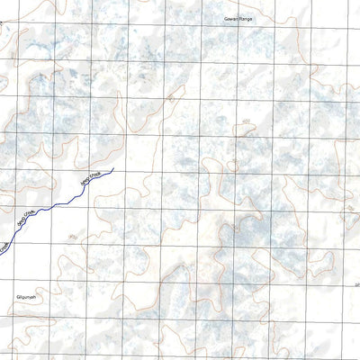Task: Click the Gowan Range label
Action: coord(238,18)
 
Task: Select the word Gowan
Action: coord(230,18)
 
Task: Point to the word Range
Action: coord(246,18)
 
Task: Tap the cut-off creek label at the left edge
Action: coord(4,245)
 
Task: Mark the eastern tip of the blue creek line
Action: coord(113,169)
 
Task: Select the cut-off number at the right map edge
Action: coord(356,286)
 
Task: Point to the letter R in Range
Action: coord(240,18)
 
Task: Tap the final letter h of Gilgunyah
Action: coord(32,296)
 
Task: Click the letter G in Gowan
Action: coord(225,18)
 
